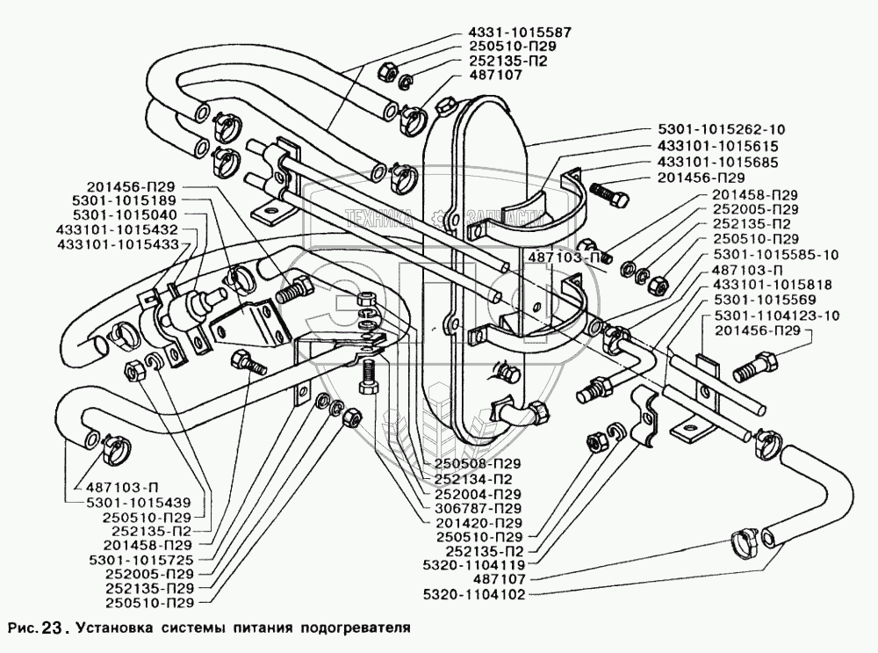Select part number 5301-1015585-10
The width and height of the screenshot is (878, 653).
[x=762, y=255]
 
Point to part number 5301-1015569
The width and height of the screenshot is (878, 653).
[x=754, y=300]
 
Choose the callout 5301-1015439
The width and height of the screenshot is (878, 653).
[x=138, y=502]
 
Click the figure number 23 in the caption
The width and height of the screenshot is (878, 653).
[x=53, y=628]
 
